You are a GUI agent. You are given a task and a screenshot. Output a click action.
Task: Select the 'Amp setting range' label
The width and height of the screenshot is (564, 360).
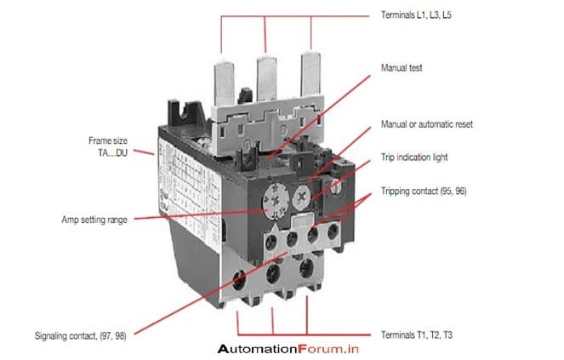coord(94,220)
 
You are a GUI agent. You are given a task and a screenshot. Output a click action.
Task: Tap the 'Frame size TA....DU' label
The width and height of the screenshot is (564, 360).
coord(108,146)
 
